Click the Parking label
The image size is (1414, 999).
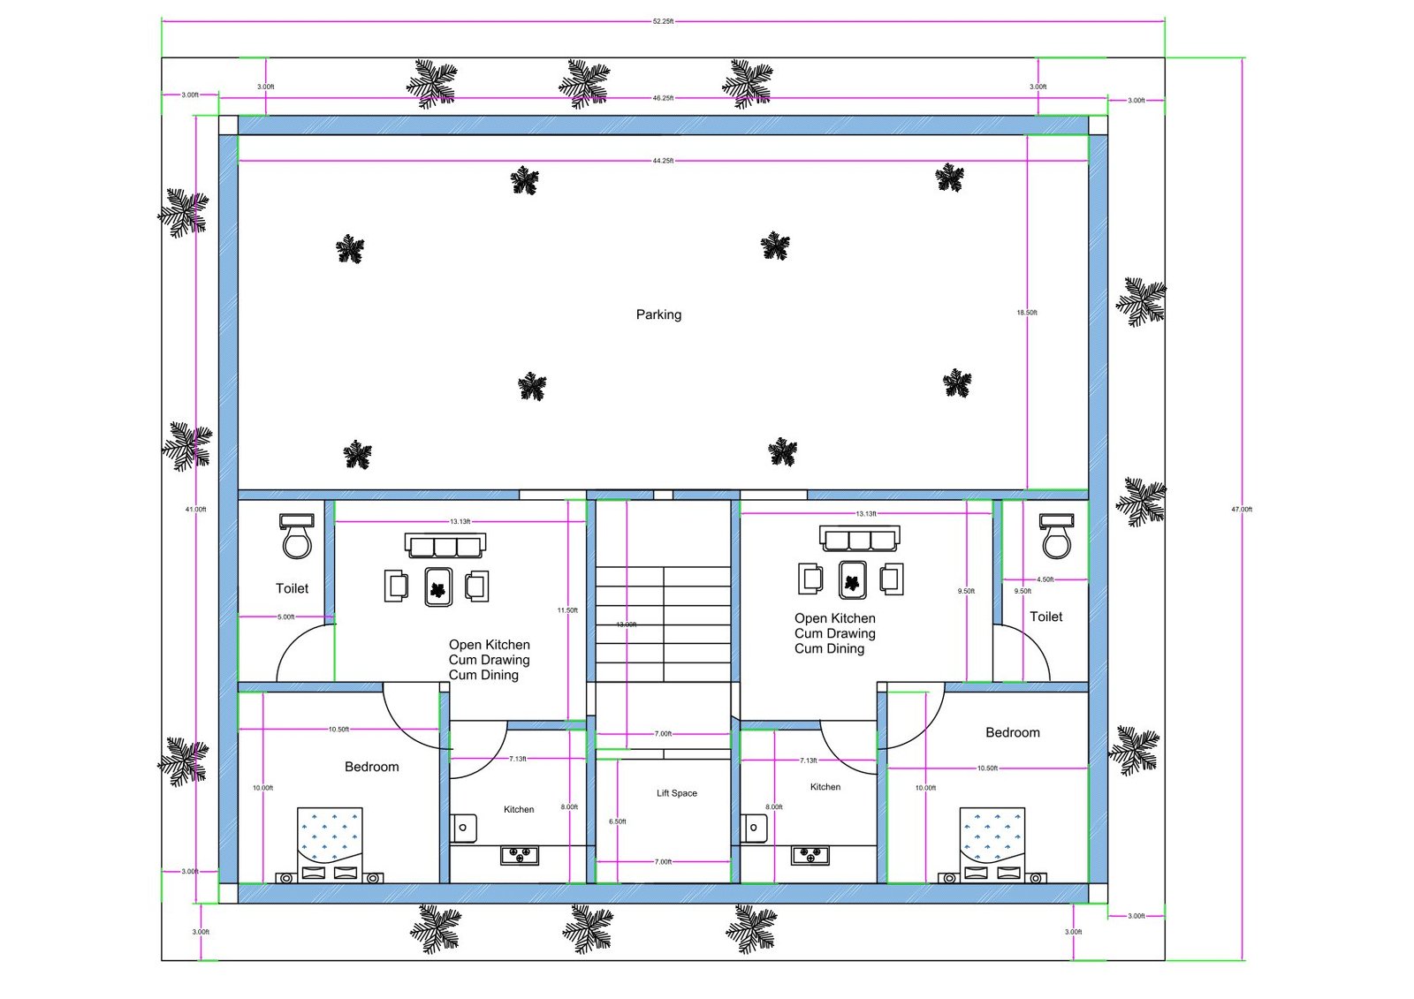[658, 314]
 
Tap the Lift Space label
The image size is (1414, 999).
[676, 793]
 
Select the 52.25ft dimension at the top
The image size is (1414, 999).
[663, 21]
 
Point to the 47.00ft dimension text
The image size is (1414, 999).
[1242, 510]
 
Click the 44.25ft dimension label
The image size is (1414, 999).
[663, 161]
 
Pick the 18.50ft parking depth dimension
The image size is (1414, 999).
[1027, 313]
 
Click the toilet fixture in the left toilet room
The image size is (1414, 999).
[297, 536]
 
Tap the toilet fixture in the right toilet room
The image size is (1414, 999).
[1056, 536]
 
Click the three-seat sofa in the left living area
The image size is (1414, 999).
[445, 545]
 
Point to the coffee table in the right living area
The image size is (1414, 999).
[853, 579]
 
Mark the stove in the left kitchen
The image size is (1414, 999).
[520, 855]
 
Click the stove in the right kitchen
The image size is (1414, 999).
[810, 855]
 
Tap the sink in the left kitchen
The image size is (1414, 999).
[465, 829]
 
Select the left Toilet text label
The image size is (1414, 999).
[292, 588]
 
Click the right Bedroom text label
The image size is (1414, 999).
[1013, 732]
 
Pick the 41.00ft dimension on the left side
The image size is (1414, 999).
[195, 510]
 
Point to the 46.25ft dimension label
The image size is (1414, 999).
[663, 98]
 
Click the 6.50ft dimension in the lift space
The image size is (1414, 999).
[617, 821]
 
